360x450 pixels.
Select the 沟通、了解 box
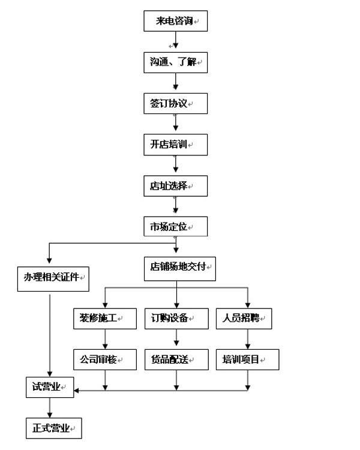click(175, 62)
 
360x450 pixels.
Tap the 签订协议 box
click(175, 103)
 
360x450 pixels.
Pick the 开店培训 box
click(175, 145)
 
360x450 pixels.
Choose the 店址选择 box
click(175, 186)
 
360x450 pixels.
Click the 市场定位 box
click(175, 227)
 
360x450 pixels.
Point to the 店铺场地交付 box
click(179, 268)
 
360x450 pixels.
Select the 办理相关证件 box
click(53, 278)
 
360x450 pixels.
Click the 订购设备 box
click(175, 318)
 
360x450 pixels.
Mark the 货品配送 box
click(175, 359)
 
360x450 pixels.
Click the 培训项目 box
click(247, 359)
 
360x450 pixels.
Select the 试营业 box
click(49, 387)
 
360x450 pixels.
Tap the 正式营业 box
click(53, 429)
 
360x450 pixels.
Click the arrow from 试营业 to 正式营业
click(49, 408)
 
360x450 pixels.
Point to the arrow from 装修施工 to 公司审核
click(106, 339)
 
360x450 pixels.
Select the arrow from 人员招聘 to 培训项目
click(247, 339)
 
